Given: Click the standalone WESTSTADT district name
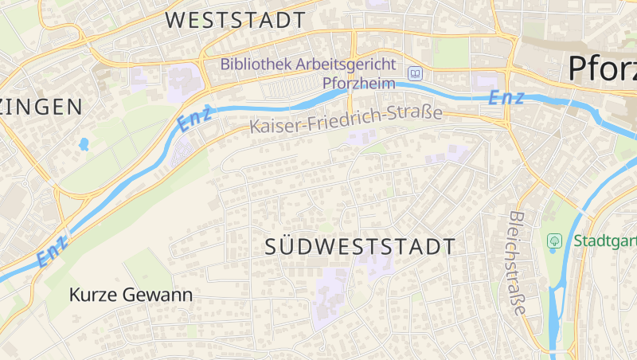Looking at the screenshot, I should click(x=236, y=20).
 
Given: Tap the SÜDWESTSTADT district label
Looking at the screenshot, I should click(x=360, y=247).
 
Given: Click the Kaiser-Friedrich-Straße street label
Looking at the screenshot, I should click(x=346, y=120).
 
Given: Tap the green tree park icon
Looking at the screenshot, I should click(x=554, y=241).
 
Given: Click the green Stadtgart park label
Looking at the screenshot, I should click(x=605, y=241).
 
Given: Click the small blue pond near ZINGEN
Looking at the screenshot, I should click(x=83, y=145).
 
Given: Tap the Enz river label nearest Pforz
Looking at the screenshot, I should click(x=506, y=99).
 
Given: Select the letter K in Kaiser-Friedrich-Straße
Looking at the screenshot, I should click(x=255, y=127).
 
